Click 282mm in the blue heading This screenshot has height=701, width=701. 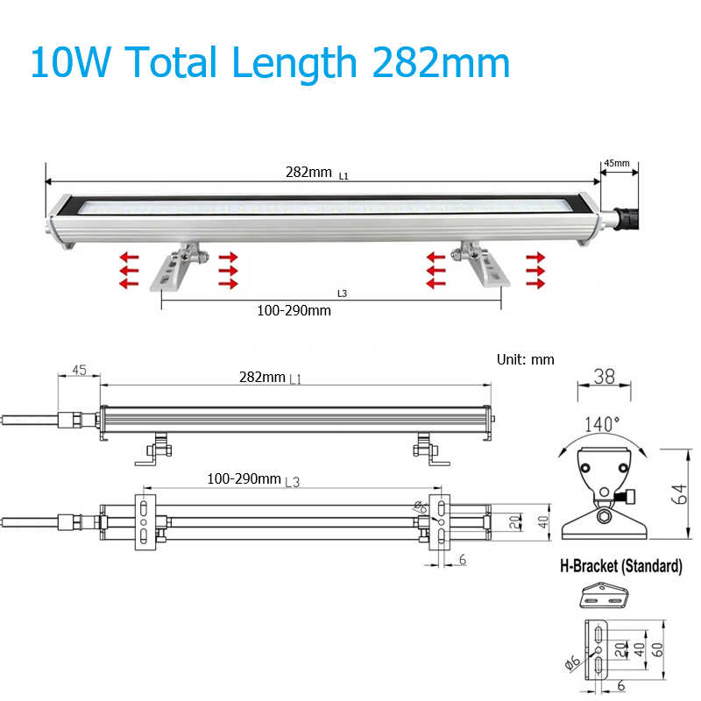pos(441,63)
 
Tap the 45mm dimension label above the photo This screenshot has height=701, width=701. pos(617,163)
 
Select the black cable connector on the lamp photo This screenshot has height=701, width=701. pos(625,218)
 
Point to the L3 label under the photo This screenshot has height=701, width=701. pos(342,294)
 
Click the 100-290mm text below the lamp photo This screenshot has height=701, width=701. pos(294,311)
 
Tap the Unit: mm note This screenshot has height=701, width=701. pos(525,359)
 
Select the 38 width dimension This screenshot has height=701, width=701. pos(605,377)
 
